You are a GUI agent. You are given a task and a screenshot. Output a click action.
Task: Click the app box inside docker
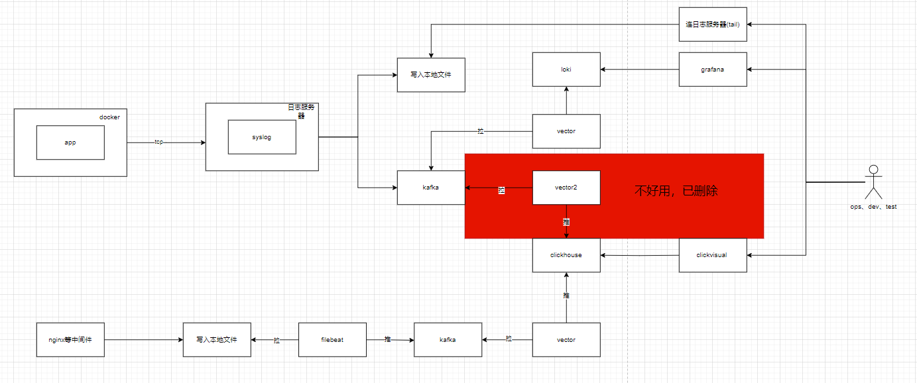70,142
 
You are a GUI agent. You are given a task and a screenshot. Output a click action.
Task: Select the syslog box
261,137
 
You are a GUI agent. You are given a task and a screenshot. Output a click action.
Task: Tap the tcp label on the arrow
159,142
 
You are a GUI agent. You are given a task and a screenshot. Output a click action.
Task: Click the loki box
566,69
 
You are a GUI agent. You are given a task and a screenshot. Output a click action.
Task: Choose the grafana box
712,69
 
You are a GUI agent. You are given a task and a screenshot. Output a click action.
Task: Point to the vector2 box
566,188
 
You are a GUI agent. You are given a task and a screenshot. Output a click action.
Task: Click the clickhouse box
566,255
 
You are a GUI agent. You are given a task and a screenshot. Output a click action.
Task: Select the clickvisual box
712,255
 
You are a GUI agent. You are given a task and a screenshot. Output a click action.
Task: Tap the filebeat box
332,340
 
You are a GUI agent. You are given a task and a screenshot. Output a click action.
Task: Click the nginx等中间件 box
70,340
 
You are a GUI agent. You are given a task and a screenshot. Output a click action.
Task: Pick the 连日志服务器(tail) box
712,25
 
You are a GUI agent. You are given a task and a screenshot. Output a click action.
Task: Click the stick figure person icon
873,182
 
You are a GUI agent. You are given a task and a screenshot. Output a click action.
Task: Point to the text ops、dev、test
873,207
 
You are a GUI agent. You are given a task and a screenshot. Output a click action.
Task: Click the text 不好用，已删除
676,191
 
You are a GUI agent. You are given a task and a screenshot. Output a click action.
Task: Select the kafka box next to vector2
430,188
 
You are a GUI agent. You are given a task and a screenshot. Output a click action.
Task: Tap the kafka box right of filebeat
448,340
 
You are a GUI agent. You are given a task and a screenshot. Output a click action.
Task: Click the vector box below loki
566,131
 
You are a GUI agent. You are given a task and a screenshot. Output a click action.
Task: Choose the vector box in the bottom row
566,340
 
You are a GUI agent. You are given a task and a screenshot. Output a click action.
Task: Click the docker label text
109,117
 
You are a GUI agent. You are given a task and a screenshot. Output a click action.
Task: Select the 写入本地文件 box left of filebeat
217,340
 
